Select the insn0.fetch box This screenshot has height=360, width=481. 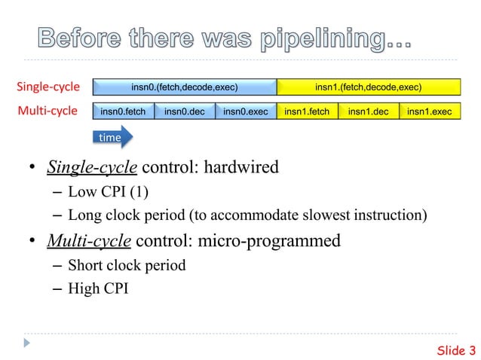point(123,112)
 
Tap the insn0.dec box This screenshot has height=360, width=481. point(184,112)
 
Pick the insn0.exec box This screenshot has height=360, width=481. point(246,112)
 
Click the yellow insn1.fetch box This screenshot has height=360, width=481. point(307,112)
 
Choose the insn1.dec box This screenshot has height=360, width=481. point(368,112)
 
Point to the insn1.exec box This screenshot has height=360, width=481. point(429,112)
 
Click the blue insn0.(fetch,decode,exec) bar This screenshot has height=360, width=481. point(184,87)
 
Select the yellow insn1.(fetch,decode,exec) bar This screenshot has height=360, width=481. point(368,87)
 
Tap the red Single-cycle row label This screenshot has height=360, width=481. point(47,87)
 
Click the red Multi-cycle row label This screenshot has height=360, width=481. point(47,112)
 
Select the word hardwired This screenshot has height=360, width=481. point(241,166)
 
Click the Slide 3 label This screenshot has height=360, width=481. point(456,349)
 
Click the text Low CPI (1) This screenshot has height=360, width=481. point(109,191)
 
